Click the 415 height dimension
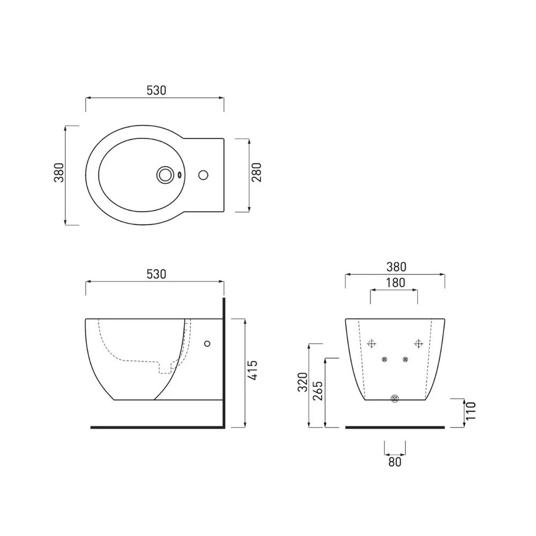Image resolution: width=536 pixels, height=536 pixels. (255, 370)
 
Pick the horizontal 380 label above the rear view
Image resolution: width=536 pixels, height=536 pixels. (394, 266)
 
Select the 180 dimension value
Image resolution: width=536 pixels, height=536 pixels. (394, 282)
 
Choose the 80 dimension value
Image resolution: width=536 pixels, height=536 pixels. (394, 461)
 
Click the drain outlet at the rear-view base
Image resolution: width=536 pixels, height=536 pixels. (395, 399)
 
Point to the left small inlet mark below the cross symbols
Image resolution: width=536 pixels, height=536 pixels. (383, 359)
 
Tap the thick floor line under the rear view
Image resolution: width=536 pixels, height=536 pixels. (395, 427)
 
